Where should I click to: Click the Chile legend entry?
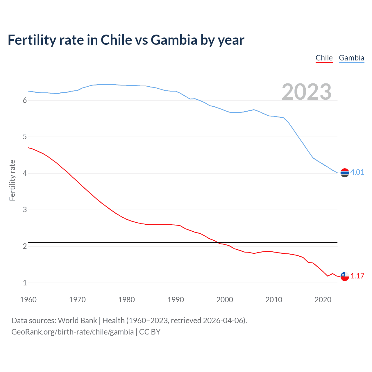(x=324, y=58)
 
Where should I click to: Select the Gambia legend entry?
(x=351, y=58)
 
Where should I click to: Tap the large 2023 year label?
(x=306, y=92)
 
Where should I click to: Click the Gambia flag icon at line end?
(x=345, y=173)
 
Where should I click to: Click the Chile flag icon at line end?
(x=345, y=276)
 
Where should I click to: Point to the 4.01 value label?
(x=357, y=172)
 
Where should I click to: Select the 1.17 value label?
(x=357, y=276)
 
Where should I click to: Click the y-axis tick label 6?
(x=25, y=100)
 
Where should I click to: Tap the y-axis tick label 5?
(x=25, y=137)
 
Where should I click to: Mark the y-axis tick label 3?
(x=25, y=210)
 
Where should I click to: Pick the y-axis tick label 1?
(x=25, y=283)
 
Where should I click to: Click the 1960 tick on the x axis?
(x=28, y=300)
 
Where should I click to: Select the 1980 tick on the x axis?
(x=126, y=300)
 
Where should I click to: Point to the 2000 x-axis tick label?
(x=225, y=300)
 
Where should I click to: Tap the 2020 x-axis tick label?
(x=323, y=300)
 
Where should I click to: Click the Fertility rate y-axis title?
(x=12, y=180)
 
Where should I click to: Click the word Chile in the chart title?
(x=116, y=40)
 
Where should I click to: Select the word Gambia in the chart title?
(x=174, y=40)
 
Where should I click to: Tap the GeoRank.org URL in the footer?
(x=72, y=332)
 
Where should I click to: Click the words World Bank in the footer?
(x=77, y=321)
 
